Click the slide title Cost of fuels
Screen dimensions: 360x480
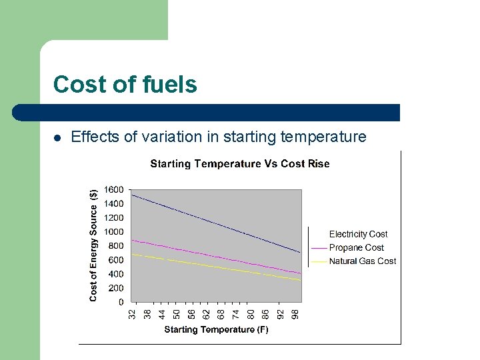[125, 85]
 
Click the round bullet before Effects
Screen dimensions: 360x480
[57, 138]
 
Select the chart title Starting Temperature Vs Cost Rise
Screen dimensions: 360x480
[239, 163]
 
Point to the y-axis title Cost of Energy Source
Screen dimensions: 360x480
[93, 245]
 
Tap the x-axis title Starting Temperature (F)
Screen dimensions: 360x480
[216, 329]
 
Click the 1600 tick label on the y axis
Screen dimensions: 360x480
[114, 190]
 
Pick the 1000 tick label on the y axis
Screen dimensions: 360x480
[114, 232]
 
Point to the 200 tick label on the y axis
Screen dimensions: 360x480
[116, 288]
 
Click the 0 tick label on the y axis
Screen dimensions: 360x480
[121, 302]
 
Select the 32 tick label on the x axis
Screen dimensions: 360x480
[133, 312]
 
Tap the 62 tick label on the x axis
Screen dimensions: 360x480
[206, 312]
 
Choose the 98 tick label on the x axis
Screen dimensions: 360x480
[295, 312]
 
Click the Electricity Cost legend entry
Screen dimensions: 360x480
[358, 234]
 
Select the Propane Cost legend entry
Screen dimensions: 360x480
[356, 247]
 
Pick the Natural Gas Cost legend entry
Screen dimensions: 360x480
[362, 261]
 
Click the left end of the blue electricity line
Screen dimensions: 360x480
[132, 195]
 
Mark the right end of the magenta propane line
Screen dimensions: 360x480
[301, 273]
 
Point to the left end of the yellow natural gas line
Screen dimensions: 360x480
[132, 254]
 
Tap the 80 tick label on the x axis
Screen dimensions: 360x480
[251, 312]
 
